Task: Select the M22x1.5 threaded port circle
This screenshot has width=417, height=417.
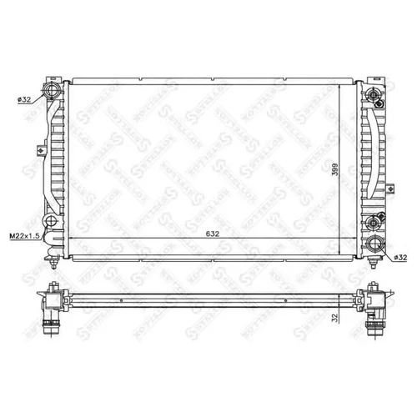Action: pyautogui.click(x=52, y=222)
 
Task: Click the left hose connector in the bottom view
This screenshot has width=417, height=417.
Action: pyautogui.click(x=53, y=312)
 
